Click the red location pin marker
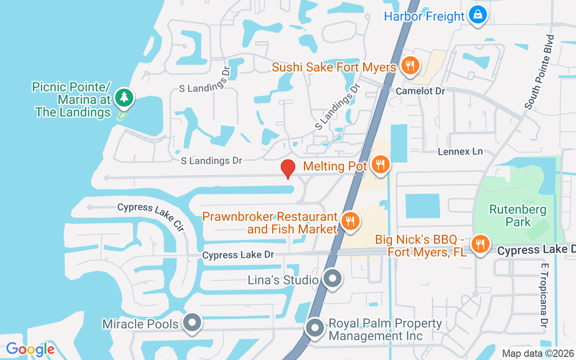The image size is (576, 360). coord(288,168)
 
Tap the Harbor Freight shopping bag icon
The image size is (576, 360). coord(477,15)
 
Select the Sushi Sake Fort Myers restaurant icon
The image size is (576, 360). coord(409,66)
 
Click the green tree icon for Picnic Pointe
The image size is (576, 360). coord(124,97)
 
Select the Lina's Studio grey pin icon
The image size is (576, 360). coord(333,279)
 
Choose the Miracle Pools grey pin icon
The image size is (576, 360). coord(193,323)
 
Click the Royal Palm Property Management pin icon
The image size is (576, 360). coord(315,328)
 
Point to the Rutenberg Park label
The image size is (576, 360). coord(512,216)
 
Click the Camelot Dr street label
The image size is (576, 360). coord(420,91)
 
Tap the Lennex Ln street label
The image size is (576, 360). coord(460,152)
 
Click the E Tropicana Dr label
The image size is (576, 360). coord(544,295)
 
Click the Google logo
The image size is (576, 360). coord(31,349)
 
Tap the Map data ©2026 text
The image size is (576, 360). coord(537,353)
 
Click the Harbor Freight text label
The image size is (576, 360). coord(424,17)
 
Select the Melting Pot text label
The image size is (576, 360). coord(335,166)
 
